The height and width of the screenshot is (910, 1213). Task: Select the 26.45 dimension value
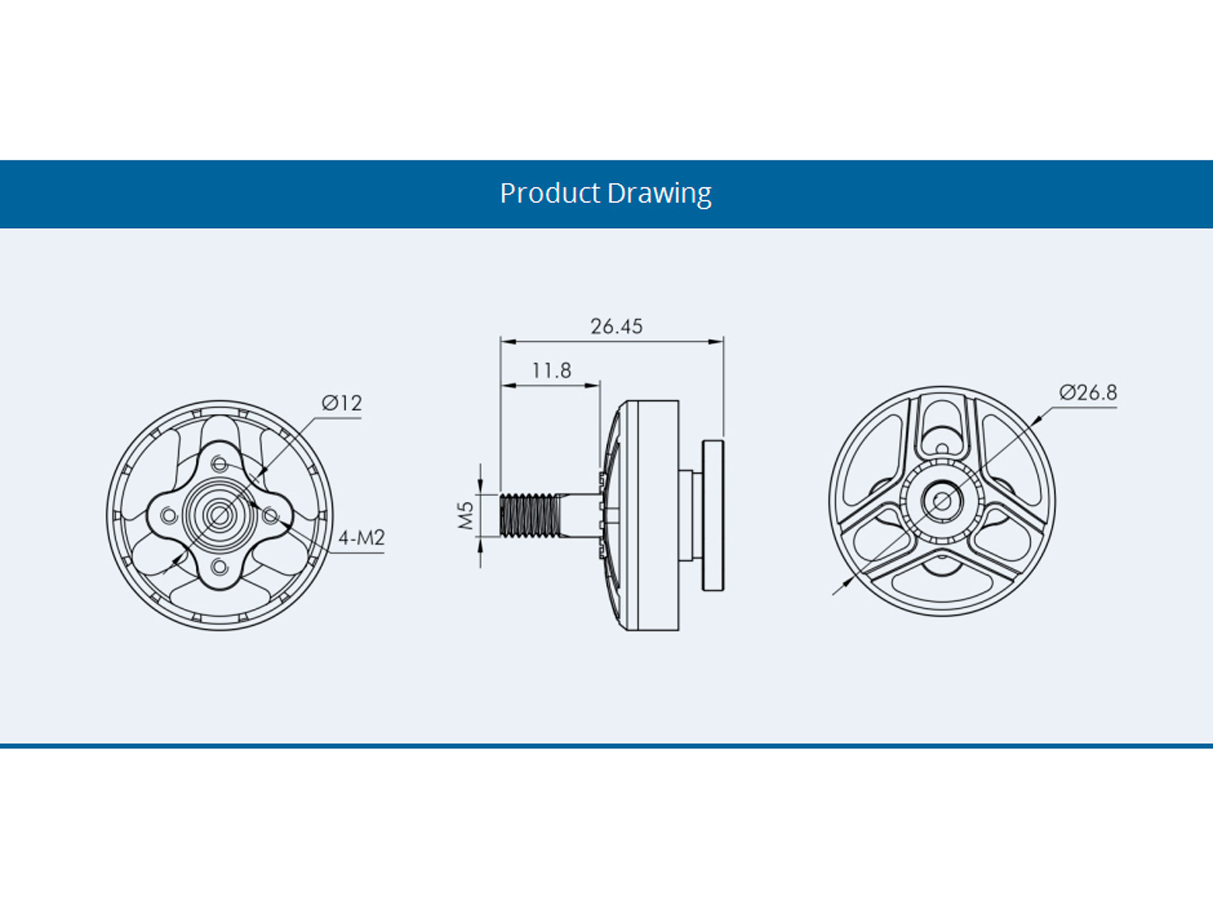tap(616, 326)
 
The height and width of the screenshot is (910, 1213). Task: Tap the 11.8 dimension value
tap(551, 371)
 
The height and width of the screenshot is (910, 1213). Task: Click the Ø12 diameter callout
tap(342, 403)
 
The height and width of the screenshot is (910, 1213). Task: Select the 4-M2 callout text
tap(361, 538)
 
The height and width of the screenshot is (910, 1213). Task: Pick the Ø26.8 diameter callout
tap(1088, 393)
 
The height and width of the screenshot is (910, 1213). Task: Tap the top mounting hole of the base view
tap(220, 465)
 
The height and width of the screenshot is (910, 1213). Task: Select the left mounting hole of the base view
tap(169, 516)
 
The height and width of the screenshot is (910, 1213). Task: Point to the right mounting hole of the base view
tap(270, 515)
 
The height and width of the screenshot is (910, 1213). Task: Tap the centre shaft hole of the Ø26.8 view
tap(942, 501)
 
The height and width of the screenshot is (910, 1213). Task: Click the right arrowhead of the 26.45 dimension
tap(716, 342)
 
